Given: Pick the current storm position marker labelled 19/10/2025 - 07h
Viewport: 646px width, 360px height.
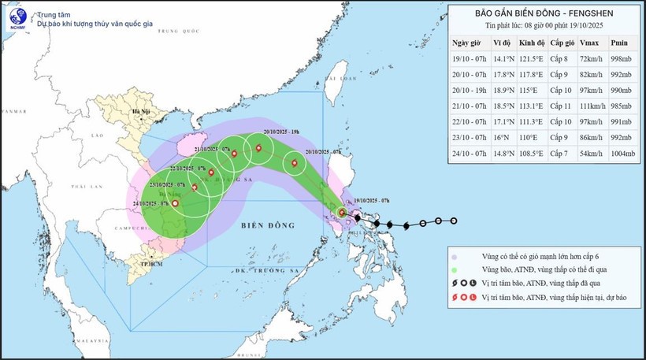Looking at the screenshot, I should (x=342, y=213).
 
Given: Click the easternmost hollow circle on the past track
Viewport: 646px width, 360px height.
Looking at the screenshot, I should (x=454, y=221).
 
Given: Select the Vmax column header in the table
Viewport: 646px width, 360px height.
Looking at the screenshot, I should (x=588, y=43).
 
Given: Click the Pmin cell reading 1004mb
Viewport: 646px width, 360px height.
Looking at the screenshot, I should (x=622, y=153).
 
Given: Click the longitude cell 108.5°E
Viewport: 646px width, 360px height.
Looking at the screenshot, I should (x=529, y=153).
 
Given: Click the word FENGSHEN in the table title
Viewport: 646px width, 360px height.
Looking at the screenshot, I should (x=586, y=13).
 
